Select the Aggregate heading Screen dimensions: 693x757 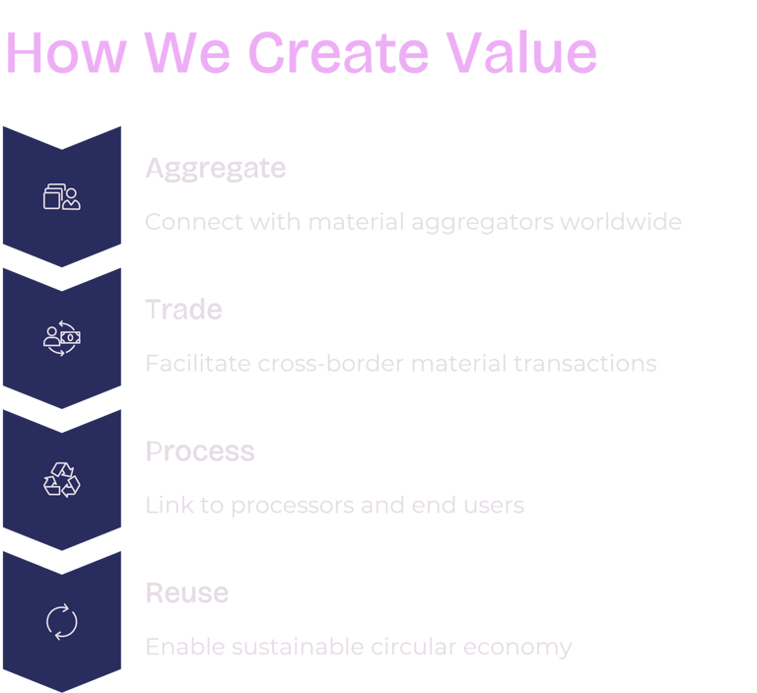(x=215, y=170)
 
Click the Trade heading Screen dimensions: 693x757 (x=183, y=311)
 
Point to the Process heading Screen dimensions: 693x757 (x=200, y=451)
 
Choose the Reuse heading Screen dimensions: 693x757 (x=187, y=593)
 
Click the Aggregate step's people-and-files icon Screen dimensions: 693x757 (x=62, y=196)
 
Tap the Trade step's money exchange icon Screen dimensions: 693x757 (x=62, y=338)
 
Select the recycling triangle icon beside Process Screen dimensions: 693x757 (x=62, y=480)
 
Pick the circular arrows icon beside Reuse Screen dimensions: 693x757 (x=62, y=622)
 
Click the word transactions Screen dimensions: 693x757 (x=585, y=364)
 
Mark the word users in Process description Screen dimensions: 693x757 (x=495, y=507)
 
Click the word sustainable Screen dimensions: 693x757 (x=296, y=648)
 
